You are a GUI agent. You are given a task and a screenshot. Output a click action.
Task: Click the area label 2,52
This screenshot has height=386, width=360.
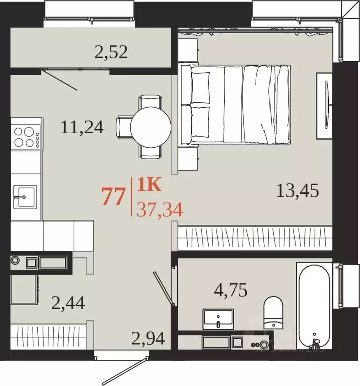coord(111,52)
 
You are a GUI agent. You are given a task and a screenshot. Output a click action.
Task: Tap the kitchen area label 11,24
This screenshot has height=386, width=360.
coord(82,127)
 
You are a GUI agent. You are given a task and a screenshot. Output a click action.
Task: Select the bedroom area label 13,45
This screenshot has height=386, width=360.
coord(298,191)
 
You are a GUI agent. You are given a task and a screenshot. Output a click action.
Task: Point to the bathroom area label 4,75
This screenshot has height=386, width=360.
coord(231,290)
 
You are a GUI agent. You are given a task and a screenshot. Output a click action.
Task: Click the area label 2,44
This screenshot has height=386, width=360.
coord(68,303)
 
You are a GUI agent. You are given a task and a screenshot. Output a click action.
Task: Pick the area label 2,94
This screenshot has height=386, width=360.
coord(148,338)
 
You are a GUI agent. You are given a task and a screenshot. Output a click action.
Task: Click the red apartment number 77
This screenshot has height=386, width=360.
coord(113,196)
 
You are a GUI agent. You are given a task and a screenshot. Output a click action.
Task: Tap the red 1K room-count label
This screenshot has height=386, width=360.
coord(149,185)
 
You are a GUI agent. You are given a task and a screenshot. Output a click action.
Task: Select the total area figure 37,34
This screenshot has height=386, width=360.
coord(159,210)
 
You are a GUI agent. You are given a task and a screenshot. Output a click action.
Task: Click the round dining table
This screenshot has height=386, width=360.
coord(150,127)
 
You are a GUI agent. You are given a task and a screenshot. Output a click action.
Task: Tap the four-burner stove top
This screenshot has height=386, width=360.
coord(26,137)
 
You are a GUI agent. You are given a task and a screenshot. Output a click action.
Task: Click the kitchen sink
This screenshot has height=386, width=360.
coord(25,197)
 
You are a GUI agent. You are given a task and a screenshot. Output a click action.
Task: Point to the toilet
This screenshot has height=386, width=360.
coord(274,313)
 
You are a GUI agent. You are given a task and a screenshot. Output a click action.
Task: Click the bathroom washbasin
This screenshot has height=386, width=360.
coord(218,319)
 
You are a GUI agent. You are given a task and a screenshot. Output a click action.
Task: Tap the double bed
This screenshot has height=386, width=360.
coord(235,105)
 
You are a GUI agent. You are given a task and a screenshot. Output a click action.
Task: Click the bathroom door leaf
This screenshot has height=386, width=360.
coord(163,288)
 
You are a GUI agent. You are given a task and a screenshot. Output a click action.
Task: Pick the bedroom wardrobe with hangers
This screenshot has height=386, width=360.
coord(255,238)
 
